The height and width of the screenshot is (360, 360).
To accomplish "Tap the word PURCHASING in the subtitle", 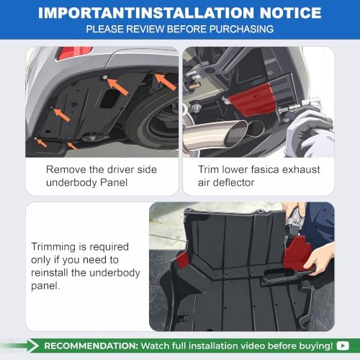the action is click(x=241, y=29).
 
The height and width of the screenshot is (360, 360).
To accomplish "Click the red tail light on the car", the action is click(x=74, y=53).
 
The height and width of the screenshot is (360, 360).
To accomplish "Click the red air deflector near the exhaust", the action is click(x=252, y=99).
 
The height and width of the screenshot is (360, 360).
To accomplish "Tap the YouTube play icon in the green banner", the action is click(x=343, y=346).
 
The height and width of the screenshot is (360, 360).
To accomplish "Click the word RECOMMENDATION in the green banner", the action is click(x=91, y=346).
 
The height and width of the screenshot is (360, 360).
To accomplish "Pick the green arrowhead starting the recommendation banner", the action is click(x=33, y=346).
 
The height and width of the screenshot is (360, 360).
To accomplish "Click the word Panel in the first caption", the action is click(x=114, y=183).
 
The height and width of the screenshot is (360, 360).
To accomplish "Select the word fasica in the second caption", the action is click(x=265, y=170).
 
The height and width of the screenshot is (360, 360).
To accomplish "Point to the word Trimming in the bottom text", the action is click(x=53, y=247).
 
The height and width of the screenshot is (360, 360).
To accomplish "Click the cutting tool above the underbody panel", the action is click(x=294, y=223).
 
